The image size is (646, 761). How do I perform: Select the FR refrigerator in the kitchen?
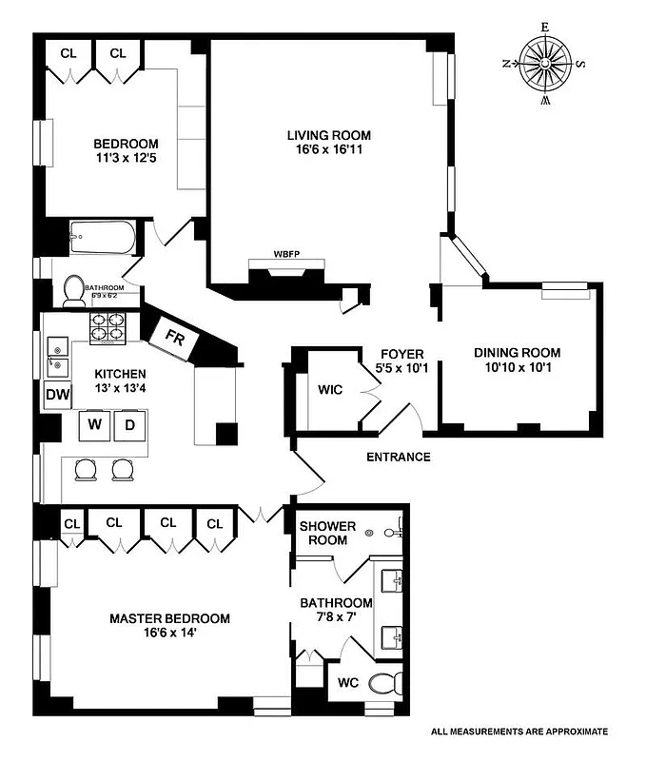175,339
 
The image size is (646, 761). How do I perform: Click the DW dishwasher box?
54,395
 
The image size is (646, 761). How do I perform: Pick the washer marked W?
95,425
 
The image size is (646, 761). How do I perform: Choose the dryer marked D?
130,425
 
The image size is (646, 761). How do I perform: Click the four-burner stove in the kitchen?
108,329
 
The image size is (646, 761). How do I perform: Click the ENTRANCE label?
399,458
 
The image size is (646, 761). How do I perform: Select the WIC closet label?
330,390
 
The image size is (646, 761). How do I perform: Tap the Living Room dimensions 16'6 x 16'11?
329,149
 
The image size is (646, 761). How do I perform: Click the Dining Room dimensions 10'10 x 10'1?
518,368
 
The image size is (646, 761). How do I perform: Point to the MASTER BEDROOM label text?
169,618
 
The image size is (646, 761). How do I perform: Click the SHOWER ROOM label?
328,533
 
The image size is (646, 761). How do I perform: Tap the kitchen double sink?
55,354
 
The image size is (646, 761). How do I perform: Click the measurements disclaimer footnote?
519,732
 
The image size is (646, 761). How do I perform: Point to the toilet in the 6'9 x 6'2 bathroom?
74,290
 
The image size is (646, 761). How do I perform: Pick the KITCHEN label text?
120,374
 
